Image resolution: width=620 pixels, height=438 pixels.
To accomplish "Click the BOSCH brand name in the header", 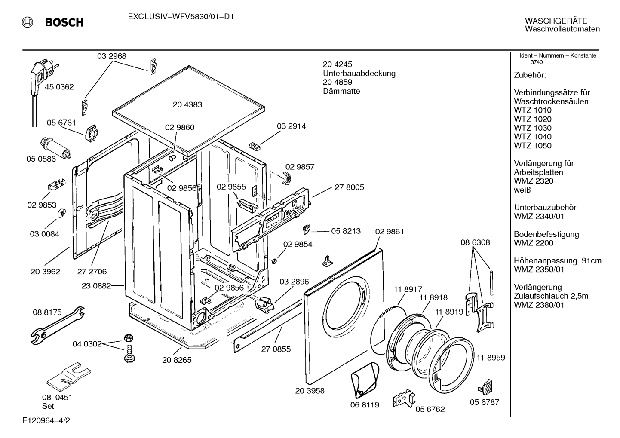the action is click(x=64, y=22).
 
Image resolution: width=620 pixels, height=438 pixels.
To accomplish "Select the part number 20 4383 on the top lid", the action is click(x=187, y=104).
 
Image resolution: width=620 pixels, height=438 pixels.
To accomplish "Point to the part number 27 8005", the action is click(x=349, y=187).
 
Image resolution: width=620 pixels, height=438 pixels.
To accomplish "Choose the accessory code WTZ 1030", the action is click(x=533, y=128).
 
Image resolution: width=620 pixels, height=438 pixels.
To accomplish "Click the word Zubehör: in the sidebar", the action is click(x=530, y=75).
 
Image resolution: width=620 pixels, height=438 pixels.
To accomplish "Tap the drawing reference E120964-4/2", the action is click(x=46, y=420).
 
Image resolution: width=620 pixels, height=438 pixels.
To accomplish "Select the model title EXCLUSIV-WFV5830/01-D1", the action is click(x=181, y=17).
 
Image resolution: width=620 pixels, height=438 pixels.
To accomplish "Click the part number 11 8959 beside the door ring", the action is click(x=491, y=358).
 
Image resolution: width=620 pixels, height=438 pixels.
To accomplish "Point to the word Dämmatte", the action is click(x=341, y=91).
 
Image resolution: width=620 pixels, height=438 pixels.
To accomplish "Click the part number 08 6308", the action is click(x=475, y=242).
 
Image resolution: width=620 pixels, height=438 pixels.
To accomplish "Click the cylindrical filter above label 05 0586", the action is click(x=55, y=148).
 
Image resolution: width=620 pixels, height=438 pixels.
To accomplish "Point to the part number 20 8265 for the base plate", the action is click(x=177, y=360).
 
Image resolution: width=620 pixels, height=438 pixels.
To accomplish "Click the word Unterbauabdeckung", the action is click(x=359, y=74).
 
